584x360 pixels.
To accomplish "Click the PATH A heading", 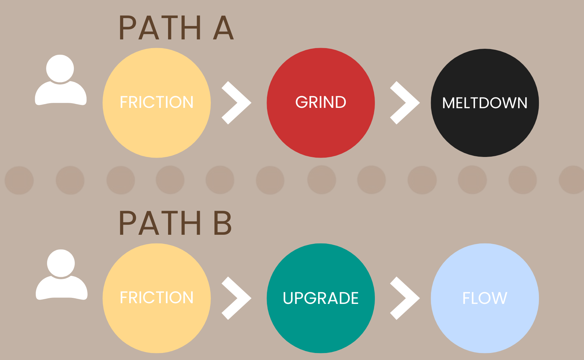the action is click(x=176, y=28).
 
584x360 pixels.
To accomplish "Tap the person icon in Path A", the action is click(x=60, y=80).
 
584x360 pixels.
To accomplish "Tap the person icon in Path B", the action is click(x=61, y=275).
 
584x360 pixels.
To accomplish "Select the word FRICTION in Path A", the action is click(x=157, y=102).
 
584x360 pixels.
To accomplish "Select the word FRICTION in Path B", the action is click(x=157, y=298).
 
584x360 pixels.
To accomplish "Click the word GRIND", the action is click(x=321, y=102).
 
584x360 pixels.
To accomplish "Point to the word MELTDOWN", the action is click(x=485, y=103).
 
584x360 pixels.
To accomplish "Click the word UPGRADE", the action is click(x=321, y=298).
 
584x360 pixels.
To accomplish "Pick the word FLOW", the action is click(x=485, y=298).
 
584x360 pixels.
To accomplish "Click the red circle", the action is click(x=321, y=134).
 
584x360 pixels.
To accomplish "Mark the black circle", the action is click(x=485, y=134).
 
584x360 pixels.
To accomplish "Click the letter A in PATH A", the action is click(x=223, y=28).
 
